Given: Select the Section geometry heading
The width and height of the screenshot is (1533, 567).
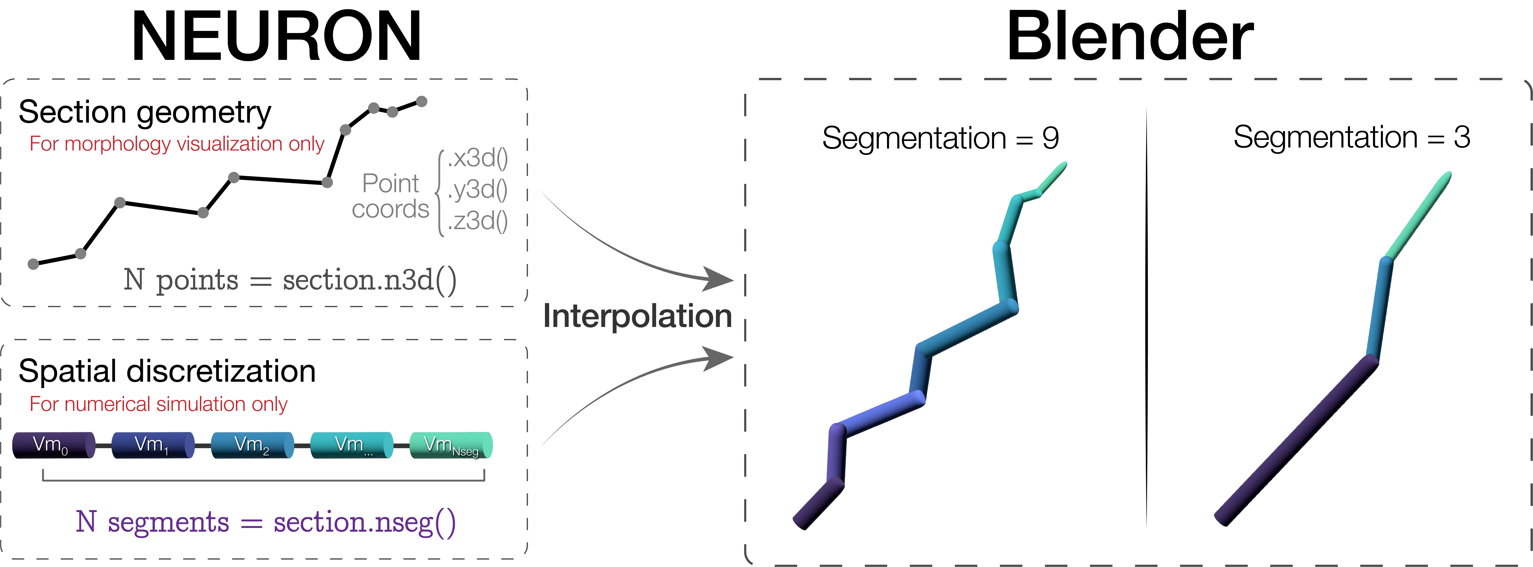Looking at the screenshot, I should (x=145, y=112).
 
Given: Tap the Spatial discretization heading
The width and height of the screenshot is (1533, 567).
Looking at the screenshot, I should (x=167, y=371).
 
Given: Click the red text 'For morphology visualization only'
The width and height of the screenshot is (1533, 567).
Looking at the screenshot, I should (x=177, y=144).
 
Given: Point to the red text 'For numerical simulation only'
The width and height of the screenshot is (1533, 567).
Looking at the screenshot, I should (x=158, y=404).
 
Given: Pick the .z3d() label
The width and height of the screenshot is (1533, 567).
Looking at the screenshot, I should (x=477, y=221).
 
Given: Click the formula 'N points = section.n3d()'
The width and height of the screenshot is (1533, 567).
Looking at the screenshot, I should (x=290, y=280).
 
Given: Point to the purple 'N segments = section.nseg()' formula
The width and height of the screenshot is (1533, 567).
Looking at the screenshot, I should (x=265, y=522).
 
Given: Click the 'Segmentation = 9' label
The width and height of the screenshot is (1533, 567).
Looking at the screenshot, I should (x=940, y=138).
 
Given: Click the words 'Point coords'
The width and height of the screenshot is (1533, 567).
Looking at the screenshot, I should (x=390, y=196).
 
